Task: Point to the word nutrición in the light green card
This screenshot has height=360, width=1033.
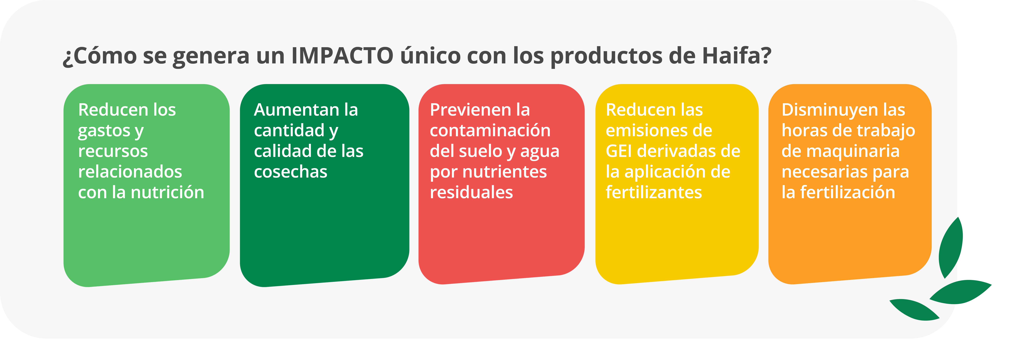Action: [x=168, y=192]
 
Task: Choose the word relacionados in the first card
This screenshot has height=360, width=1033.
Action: [x=130, y=172]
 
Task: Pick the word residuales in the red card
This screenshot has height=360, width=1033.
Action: [x=471, y=192]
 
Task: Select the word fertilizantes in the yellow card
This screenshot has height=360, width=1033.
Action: [x=654, y=192]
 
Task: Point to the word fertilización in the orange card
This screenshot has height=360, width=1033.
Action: [x=848, y=192]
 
